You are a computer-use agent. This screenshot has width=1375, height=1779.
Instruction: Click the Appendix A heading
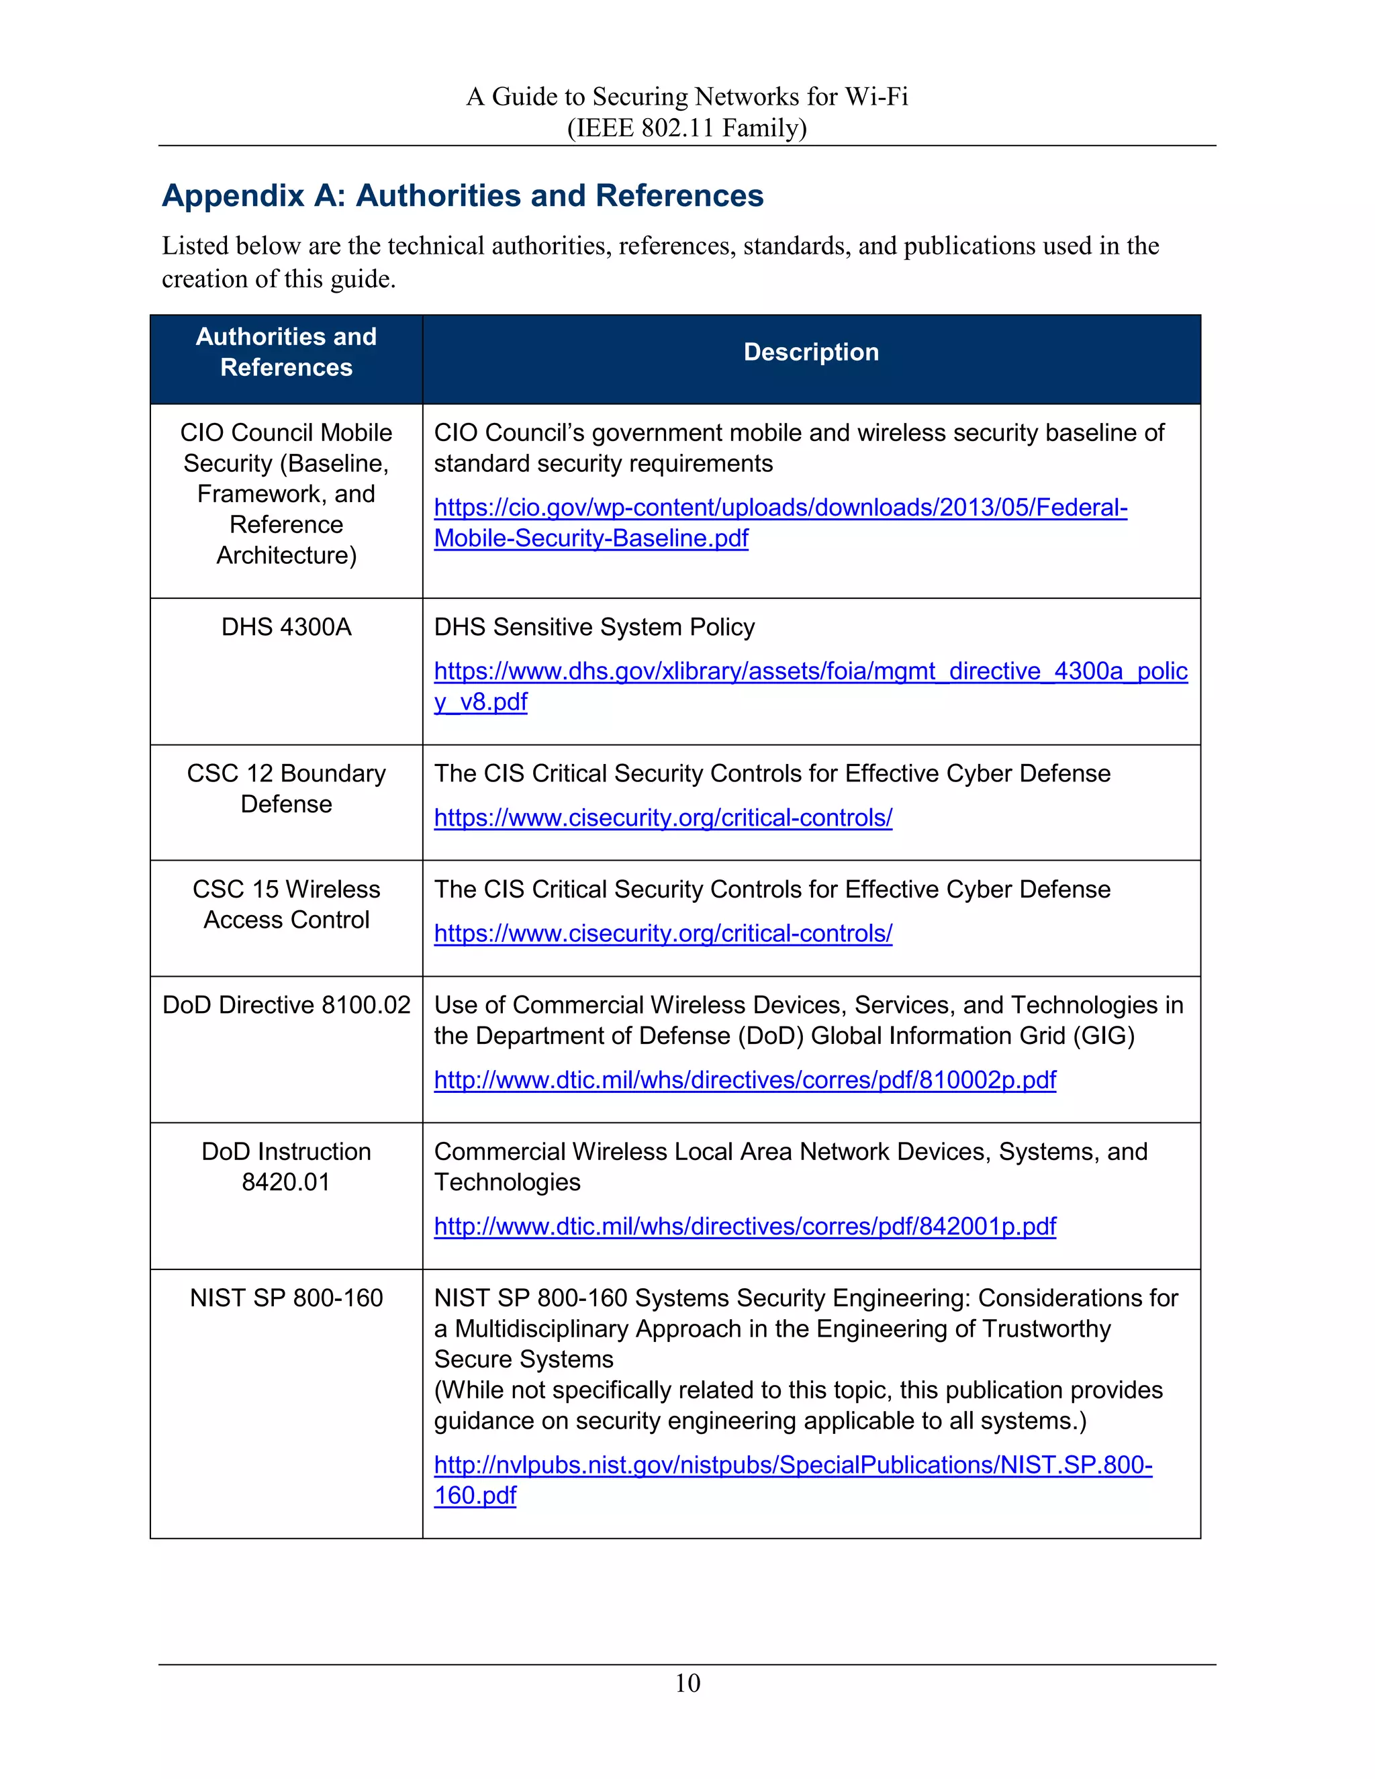462,195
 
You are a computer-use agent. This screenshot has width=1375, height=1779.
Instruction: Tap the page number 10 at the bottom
687,1682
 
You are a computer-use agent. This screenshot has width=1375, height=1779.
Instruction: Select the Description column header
810,352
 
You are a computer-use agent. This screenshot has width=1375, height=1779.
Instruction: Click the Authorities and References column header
286,352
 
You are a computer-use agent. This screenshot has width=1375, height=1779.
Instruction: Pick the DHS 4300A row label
286,626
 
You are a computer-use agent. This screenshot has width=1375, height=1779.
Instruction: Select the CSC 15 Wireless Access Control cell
286,904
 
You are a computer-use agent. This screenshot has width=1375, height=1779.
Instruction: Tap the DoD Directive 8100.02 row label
286,1004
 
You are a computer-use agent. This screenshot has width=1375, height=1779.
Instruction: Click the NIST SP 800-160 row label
286,1298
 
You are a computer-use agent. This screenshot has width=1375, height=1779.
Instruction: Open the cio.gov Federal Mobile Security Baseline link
779,508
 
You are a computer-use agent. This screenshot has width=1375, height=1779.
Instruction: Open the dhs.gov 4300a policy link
810,671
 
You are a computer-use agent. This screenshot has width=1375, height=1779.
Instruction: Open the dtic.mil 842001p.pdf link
745,1226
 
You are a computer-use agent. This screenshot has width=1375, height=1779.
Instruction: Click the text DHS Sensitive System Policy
594,626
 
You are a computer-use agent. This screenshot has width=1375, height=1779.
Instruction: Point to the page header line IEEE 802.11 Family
687,128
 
